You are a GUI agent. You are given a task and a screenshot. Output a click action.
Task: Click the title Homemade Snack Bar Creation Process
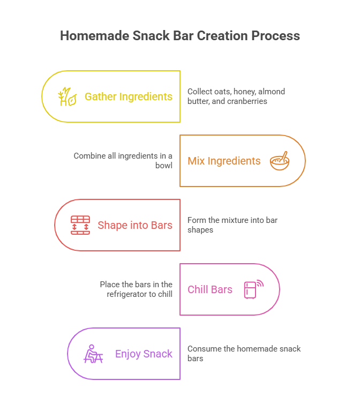point(180,36)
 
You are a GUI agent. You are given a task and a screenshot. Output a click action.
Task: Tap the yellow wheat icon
point(66,96)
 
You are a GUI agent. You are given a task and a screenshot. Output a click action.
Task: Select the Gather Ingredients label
point(129,96)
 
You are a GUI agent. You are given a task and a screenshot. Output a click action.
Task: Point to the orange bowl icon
point(279,160)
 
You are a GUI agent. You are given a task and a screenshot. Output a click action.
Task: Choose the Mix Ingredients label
point(224,161)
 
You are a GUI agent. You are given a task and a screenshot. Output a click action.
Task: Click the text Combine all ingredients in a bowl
point(124,161)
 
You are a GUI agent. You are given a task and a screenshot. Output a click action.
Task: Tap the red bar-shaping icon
point(80,225)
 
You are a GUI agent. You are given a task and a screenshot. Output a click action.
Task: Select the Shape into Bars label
point(135,225)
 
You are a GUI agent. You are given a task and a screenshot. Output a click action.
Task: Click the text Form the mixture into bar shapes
point(232,225)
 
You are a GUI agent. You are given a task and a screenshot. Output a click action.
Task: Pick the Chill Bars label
point(210,289)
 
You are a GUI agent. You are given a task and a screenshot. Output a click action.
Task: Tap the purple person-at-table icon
point(93,354)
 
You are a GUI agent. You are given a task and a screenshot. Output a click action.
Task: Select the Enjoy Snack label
point(144,354)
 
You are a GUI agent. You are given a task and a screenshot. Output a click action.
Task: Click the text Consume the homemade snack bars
point(244,353)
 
